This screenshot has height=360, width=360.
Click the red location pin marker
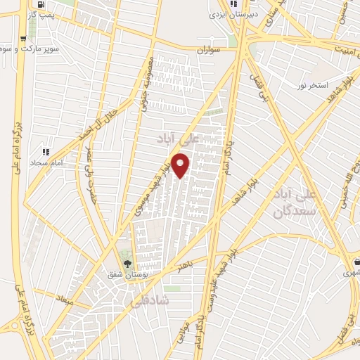click(181, 166)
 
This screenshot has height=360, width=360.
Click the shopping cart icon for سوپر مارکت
click(25, 39)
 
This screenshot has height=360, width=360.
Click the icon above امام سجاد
click(46, 151)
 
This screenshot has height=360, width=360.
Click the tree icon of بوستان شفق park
click(127, 264)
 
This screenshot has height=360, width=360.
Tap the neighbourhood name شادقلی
click(150, 300)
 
